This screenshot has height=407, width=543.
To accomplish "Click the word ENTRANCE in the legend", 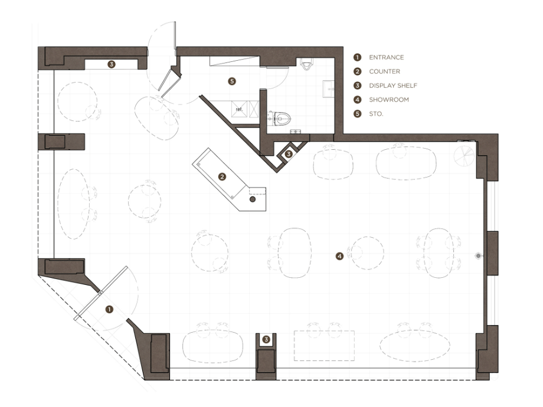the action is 386,57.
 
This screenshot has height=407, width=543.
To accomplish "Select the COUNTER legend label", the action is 384,71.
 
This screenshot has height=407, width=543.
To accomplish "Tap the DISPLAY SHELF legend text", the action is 393,86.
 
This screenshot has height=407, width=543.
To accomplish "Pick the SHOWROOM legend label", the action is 388,100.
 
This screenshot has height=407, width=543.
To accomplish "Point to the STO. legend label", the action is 376,114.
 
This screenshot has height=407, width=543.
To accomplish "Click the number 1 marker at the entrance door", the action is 109,310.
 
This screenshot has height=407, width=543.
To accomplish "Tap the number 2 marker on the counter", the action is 222,177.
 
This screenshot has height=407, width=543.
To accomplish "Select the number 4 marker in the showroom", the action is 340,256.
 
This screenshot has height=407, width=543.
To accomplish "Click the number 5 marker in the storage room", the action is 232,81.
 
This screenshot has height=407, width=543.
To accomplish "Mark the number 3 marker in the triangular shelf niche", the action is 289,154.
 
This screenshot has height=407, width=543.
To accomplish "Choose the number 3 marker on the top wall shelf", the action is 111,64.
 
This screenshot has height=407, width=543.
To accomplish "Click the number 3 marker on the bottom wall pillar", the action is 266,340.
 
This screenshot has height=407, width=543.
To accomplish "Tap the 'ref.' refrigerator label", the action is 239,109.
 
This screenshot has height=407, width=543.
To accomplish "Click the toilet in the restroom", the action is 280,119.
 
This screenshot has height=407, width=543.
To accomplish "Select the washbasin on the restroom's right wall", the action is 328,89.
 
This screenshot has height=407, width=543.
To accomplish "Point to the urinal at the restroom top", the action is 306,64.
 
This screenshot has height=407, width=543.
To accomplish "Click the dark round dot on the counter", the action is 253,199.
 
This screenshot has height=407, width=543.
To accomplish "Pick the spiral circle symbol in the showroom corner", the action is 464,155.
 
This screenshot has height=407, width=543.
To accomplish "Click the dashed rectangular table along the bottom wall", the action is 324,346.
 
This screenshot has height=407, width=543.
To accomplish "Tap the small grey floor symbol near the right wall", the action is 478,256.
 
